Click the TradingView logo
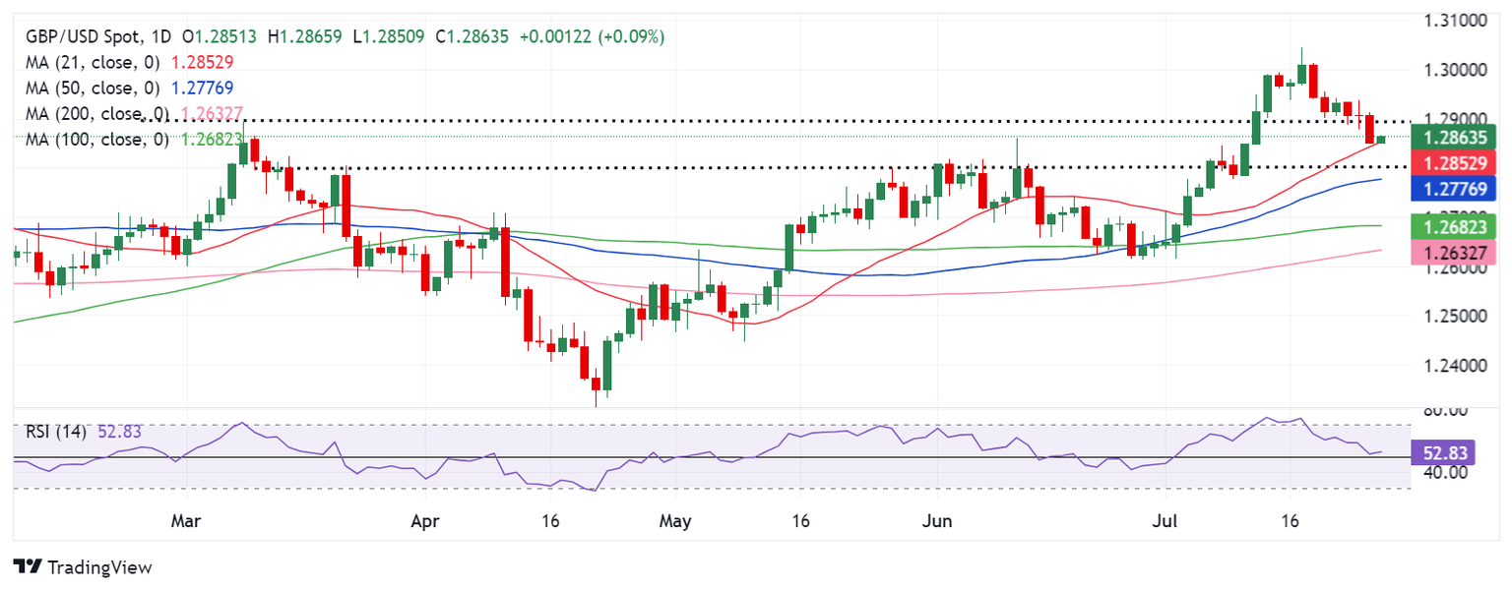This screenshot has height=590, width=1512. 83,567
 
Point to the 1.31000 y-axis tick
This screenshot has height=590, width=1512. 1453,20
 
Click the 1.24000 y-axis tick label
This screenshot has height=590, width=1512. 1453,366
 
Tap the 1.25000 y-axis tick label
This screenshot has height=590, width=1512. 1453,317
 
